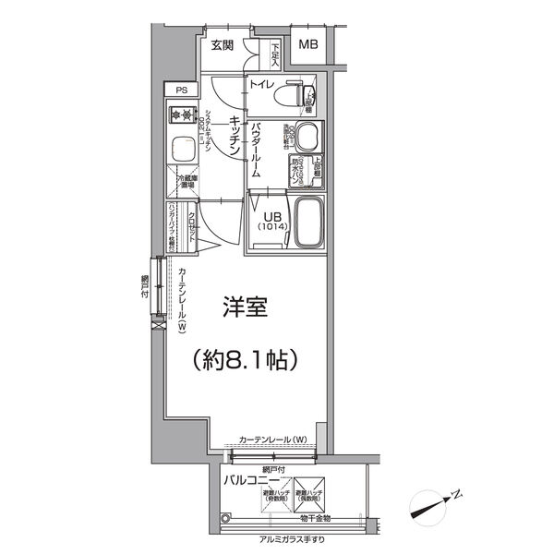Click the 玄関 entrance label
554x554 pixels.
point(221,44)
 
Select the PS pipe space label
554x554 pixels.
point(181,90)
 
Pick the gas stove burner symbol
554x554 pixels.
point(176,115)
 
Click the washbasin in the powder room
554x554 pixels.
point(306,137)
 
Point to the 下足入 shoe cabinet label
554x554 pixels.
point(275,54)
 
